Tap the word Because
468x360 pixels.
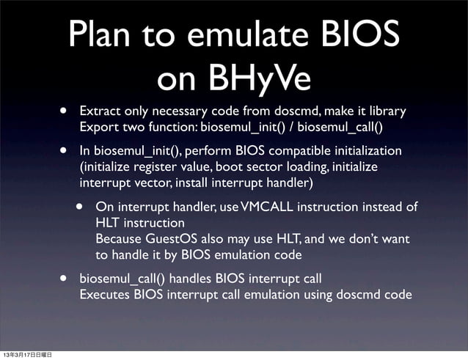120,239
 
